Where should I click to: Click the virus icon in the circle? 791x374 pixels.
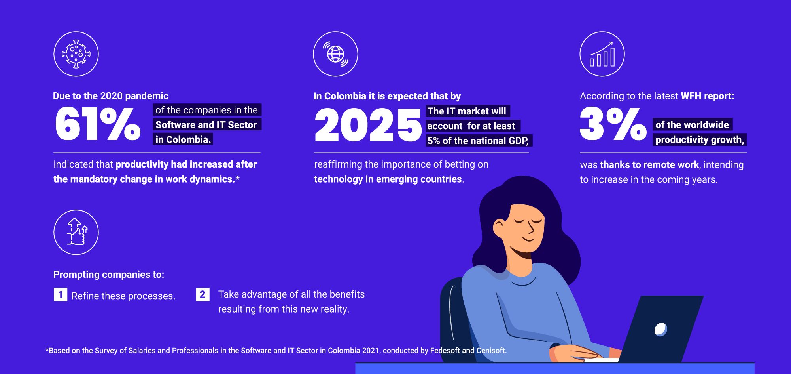click(76, 54)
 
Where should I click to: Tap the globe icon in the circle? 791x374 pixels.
click(335, 54)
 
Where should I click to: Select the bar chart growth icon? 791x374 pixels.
click(602, 54)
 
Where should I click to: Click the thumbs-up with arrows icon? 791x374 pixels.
click(76, 232)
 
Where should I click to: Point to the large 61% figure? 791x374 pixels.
click(98, 124)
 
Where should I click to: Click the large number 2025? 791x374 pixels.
click(368, 125)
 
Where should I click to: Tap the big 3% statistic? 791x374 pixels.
click(613, 124)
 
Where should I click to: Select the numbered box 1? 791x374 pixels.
click(61, 295)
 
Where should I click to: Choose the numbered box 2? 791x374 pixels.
click(202, 294)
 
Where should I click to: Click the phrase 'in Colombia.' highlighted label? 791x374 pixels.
click(183, 139)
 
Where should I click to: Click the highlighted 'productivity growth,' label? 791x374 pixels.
click(699, 139)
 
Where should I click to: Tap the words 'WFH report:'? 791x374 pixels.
click(707, 96)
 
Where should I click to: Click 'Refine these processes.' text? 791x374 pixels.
click(123, 296)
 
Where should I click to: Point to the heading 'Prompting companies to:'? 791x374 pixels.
click(109, 275)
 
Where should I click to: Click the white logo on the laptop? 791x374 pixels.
click(660, 329)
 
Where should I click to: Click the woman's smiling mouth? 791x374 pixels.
click(528, 239)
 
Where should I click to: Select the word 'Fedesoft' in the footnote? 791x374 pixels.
click(445, 351)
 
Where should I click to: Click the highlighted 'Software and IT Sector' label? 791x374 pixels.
click(207, 125)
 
